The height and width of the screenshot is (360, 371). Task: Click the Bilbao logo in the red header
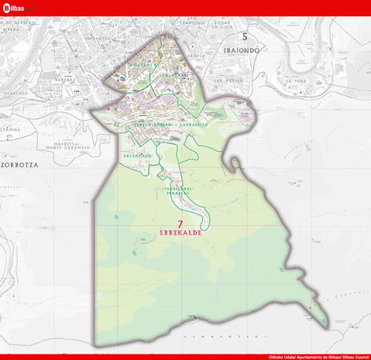(13, 7)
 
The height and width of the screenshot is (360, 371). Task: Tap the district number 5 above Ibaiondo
(245, 36)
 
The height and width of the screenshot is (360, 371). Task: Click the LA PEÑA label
(297, 80)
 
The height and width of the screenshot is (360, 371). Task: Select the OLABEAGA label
(17, 91)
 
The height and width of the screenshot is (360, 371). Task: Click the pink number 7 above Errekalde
(180, 224)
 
